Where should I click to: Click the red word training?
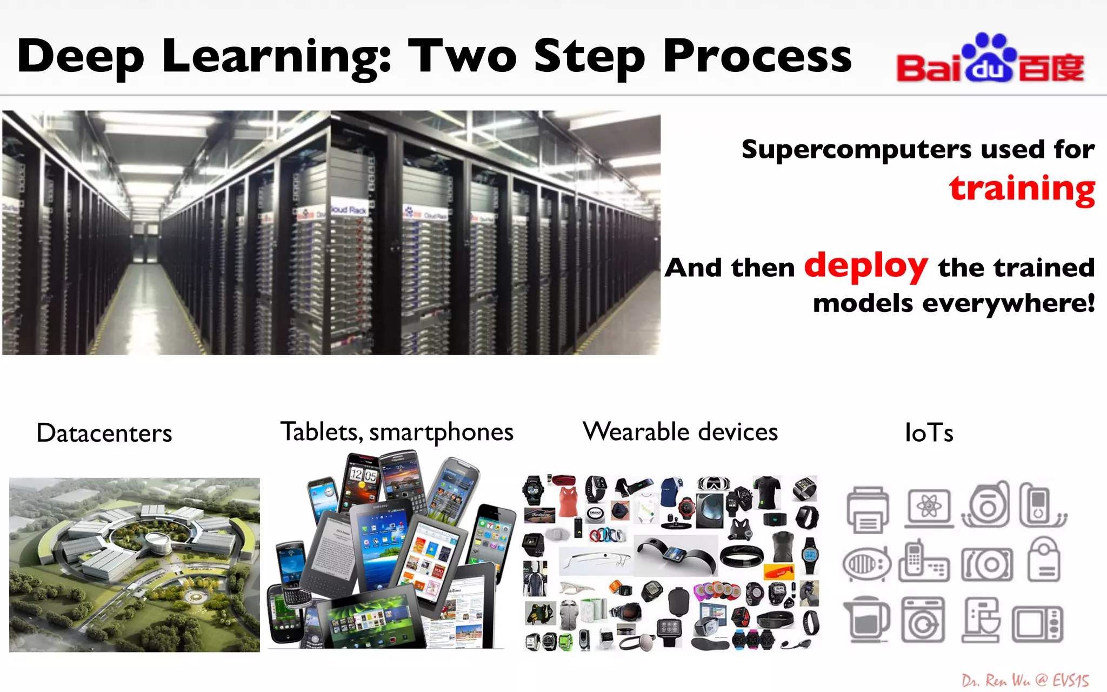click(1022, 189)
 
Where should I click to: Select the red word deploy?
click(865, 266)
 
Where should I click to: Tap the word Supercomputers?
click(856, 150)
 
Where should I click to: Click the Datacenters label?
click(104, 434)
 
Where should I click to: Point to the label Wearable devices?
click(680, 432)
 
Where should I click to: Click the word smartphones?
click(441, 432)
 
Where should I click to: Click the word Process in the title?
click(757, 57)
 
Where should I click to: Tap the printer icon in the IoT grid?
click(868, 509)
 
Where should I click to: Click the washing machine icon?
click(923, 620)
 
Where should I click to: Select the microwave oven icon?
click(1038, 623)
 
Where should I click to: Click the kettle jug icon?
click(866, 620)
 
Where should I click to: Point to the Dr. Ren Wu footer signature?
click(1025, 680)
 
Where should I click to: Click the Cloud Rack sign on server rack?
click(349, 210)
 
